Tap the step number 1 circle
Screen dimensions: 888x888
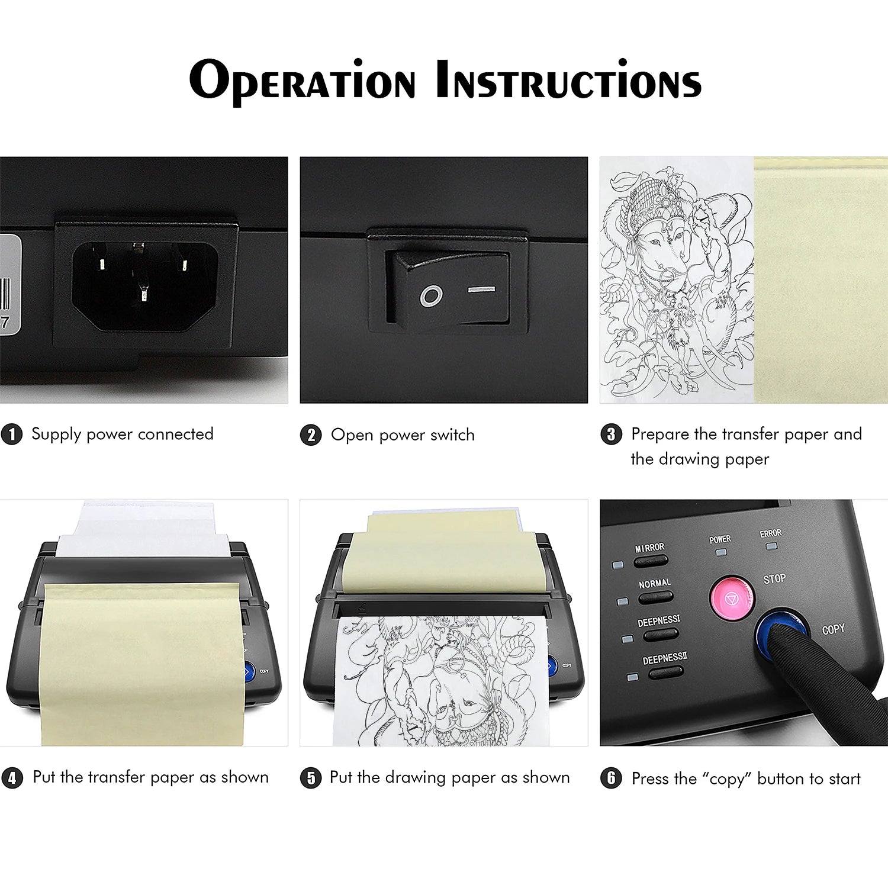[x=12, y=434]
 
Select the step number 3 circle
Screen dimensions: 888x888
[x=611, y=434]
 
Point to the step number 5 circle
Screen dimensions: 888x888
[x=311, y=777]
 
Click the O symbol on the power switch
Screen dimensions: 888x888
[x=431, y=295]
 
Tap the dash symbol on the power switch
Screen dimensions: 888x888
[x=481, y=289]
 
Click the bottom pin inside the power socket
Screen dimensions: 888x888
[x=143, y=292]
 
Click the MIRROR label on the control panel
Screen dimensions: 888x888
[x=649, y=548]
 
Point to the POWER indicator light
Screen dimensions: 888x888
[x=721, y=552]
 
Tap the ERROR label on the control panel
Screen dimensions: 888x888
[x=771, y=533]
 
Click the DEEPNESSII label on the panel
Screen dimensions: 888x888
[x=665, y=658]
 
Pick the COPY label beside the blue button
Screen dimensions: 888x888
[x=833, y=629]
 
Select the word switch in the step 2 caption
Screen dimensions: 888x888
[x=452, y=435]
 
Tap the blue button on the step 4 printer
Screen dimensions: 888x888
[x=249, y=671]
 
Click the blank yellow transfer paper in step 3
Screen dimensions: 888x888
[x=821, y=280]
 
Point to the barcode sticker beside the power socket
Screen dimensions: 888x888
[x=10, y=284]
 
